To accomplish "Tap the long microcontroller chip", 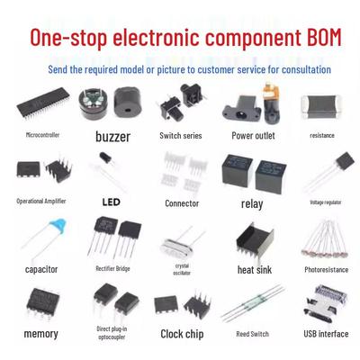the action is (x=43, y=102).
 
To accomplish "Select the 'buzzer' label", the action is (x=112, y=137).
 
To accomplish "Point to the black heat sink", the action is (x=255, y=241).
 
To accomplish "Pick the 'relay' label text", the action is (x=252, y=204).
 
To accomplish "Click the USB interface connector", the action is (x=326, y=303).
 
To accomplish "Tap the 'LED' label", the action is (x=112, y=202).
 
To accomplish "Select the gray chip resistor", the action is (x=321, y=107).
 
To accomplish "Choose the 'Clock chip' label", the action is (x=182, y=334).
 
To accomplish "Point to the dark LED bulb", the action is (x=105, y=157).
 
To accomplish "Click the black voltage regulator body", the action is (x=346, y=160).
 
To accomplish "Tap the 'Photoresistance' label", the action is (x=327, y=270).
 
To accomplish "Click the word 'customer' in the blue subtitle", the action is (x=216, y=69).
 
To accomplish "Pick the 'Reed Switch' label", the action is (x=252, y=334).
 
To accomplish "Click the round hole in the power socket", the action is (x=240, y=114).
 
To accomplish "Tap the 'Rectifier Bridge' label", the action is (x=112, y=268).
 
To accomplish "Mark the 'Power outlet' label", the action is (x=253, y=136).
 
